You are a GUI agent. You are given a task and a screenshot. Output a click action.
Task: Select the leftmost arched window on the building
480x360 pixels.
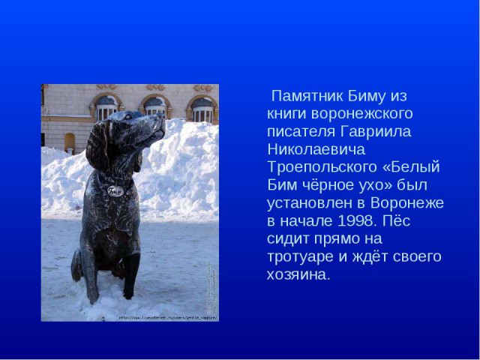106,108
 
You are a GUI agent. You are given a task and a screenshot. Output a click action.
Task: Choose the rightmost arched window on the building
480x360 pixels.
202,109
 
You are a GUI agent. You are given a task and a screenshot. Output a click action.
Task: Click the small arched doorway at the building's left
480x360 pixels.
69,142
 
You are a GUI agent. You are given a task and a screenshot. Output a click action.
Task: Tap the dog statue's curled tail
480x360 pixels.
76,265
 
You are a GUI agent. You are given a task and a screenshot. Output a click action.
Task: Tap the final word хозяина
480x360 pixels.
298,274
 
